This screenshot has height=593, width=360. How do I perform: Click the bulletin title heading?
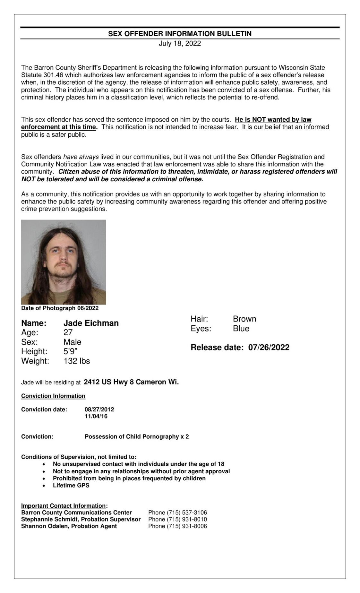click(180, 34)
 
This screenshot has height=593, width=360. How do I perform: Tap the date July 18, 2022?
click(180, 44)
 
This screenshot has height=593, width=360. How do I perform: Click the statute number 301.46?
click(53, 75)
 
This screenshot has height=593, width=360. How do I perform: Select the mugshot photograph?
click(64, 262)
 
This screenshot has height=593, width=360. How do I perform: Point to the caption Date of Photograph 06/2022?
click(60, 308)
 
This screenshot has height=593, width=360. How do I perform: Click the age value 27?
click(68, 332)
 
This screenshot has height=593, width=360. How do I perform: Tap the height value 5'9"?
click(70, 351)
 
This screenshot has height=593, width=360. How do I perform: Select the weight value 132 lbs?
click(77, 361)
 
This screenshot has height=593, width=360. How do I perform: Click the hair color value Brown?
click(244, 319)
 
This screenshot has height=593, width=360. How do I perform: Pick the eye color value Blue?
click(241, 329)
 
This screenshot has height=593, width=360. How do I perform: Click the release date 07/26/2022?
click(269, 348)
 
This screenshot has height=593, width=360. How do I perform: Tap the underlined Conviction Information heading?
click(53, 396)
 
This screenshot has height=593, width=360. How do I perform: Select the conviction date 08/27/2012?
click(99, 409)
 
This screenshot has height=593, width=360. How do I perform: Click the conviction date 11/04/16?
click(96, 417)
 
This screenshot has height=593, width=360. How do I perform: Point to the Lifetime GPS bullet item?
click(71, 486)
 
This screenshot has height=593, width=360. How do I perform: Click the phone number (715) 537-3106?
click(187, 512)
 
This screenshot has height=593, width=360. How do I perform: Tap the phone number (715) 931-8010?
click(187, 519)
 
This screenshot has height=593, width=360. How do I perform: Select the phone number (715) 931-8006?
click(187, 526)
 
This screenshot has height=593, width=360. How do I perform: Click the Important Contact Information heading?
click(64, 506)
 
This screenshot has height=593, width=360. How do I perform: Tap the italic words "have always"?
click(81, 157)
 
